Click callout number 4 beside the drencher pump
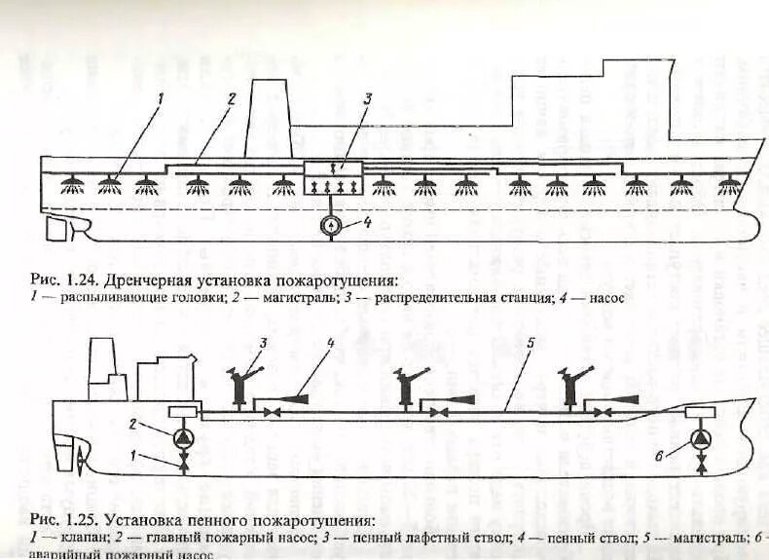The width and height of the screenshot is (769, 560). (x=367, y=222)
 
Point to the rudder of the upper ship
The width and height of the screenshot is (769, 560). (x=60, y=229)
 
